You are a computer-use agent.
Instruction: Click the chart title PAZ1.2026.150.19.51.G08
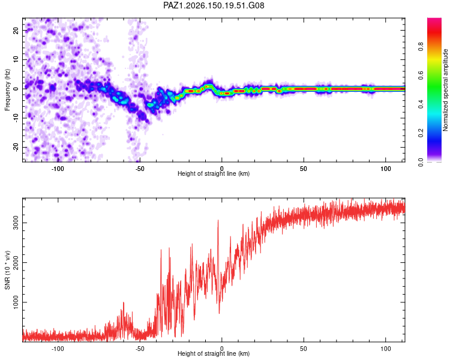click(214, 5)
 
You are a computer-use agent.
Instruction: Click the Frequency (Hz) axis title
click(7, 90)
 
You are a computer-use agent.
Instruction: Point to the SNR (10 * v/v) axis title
click(7, 270)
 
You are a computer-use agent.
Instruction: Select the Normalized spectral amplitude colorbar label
click(445, 90)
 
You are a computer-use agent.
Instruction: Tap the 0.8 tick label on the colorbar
click(421, 47)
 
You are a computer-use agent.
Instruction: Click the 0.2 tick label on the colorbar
click(421, 133)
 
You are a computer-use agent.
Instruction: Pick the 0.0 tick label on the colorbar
click(421, 162)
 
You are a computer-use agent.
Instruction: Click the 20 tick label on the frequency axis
click(16, 31)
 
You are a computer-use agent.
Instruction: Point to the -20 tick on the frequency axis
click(16, 147)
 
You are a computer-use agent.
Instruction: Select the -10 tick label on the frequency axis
click(16, 118)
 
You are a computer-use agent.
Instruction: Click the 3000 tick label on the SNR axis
click(16, 223)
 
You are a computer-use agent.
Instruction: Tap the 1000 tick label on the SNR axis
click(16, 302)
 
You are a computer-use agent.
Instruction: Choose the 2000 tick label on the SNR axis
click(16, 262)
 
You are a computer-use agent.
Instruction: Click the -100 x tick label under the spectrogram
click(58, 169)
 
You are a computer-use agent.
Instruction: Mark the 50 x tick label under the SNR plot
click(304, 349)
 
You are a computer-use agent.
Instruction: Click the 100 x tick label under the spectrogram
click(385, 169)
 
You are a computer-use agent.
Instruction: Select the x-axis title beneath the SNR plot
click(214, 353)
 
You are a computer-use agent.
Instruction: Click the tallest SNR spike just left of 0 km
click(218, 220)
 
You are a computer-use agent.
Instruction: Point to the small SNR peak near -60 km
click(124, 302)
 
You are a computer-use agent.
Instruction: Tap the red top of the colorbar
click(434, 22)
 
